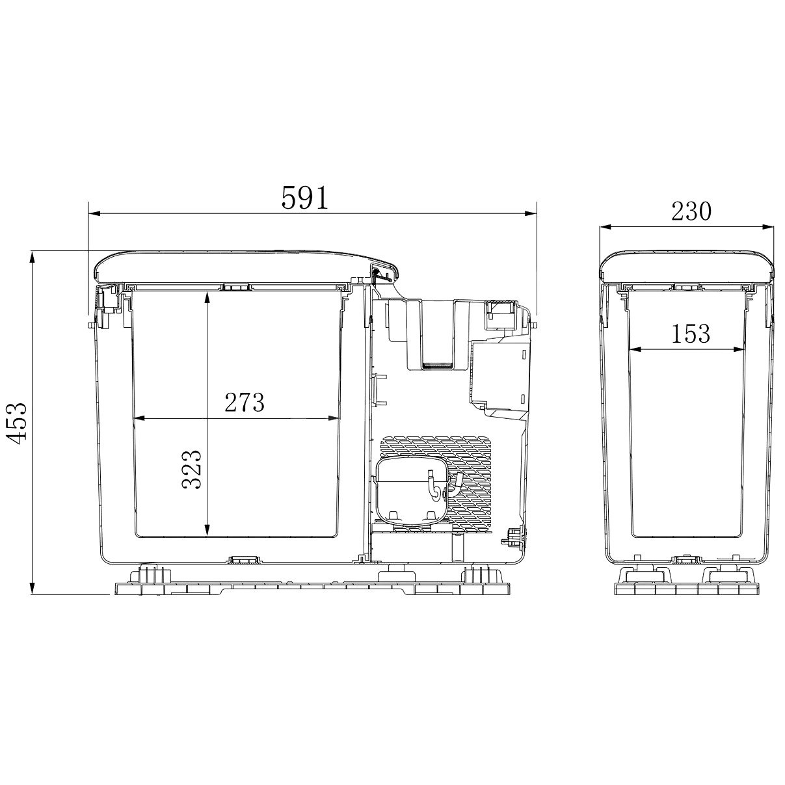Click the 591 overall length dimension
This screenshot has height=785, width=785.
304,198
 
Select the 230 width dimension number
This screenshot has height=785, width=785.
691,211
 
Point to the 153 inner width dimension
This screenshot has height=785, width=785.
691,333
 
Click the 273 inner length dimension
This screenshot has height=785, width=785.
245,402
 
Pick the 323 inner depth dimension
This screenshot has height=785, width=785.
191,470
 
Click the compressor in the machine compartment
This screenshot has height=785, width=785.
413,494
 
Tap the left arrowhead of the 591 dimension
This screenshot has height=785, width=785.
94,213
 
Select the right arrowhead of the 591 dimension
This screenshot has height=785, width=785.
531,213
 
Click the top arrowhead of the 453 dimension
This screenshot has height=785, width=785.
32,257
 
